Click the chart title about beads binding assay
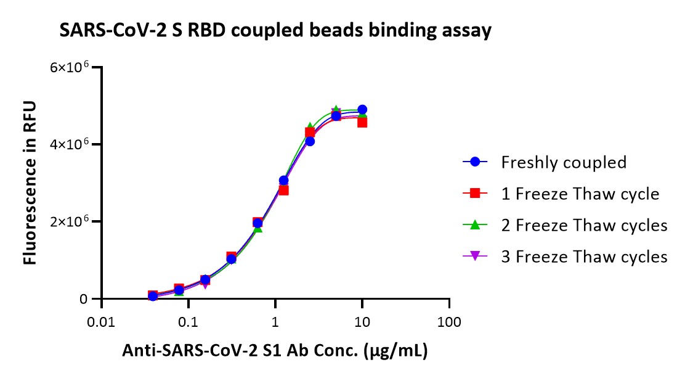coord(275,31)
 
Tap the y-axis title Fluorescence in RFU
coord(30,183)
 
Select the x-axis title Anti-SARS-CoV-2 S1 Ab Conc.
coord(275,350)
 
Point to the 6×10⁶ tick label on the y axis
coord(70,67)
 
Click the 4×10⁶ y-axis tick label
coord(70,144)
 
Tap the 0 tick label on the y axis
coord(83,299)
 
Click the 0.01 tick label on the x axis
coord(101,323)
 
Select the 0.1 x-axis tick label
coord(188,323)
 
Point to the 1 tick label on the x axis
coord(275,323)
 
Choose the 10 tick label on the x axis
coord(362,323)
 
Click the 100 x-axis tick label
coord(449,323)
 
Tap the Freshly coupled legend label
coord(564,162)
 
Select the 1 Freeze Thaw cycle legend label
coord(580,194)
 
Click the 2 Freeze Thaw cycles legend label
coord(584,225)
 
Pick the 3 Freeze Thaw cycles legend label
coord(584,257)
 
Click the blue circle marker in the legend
coord(475,162)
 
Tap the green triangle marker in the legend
coord(475,225)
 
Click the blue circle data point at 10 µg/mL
coord(362,109)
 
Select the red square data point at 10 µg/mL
coord(362,123)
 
